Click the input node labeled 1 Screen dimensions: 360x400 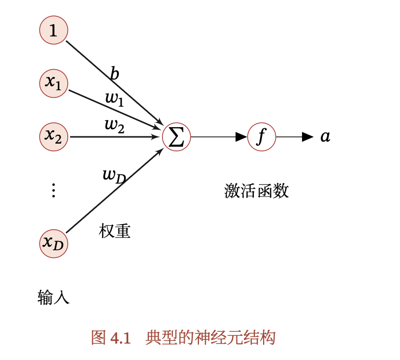point(53,30)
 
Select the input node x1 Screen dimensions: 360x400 point(53,83)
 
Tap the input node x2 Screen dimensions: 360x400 point(53,136)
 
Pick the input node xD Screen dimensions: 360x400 point(53,243)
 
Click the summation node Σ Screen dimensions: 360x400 point(176,137)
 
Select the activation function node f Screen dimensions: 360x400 point(262,137)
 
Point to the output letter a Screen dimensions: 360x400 point(325,137)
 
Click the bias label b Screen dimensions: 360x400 point(114,74)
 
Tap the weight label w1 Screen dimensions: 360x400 point(114,98)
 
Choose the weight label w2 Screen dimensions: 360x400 point(114,125)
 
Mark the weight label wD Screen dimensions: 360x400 point(114,175)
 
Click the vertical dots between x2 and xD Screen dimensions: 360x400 point(53,191)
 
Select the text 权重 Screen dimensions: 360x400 point(114,231)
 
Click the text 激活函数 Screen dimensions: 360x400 point(256,191)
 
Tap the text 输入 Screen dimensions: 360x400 point(53,297)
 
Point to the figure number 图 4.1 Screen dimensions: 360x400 point(111,338)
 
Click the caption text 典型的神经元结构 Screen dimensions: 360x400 point(210,338)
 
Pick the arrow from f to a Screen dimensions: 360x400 point(294,137)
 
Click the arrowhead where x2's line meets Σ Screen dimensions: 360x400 point(155,137)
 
